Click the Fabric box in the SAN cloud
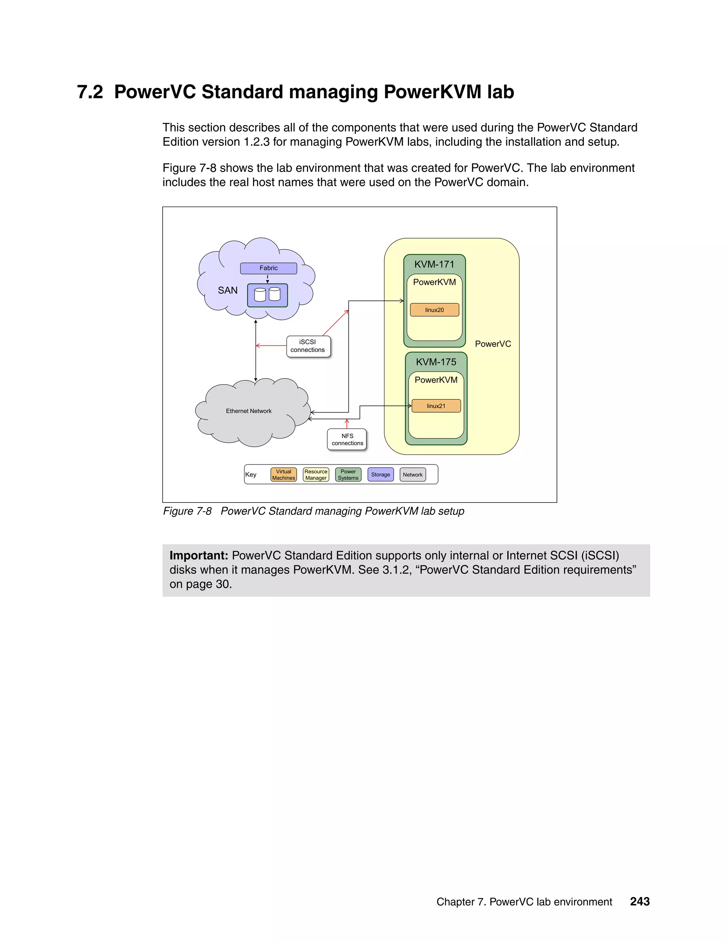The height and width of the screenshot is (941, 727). click(268, 268)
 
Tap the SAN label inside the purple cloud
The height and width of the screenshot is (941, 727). click(228, 290)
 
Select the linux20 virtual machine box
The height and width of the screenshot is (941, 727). click(434, 310)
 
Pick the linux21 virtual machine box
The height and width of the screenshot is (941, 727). click(436, 406)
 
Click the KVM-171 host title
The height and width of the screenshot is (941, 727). click(434, 265)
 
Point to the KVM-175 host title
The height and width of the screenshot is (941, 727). click(436, 362)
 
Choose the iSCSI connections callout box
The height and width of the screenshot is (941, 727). click(308, 346)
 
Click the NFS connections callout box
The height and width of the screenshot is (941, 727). click(347, 440)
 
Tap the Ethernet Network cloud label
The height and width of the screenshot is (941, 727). click(248, 411)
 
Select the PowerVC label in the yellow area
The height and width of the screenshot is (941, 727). click(493, 344)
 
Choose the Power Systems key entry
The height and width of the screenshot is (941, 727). click(348, 474)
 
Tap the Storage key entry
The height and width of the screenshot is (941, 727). click(380, 474)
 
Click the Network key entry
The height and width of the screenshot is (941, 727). click(412, 474)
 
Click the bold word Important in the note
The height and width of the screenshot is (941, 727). click(198, 555)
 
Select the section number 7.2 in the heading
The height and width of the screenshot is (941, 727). click(90, 92)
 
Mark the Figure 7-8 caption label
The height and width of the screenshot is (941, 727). click(187, 511)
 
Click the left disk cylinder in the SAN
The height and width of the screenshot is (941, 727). click(260, 295)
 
